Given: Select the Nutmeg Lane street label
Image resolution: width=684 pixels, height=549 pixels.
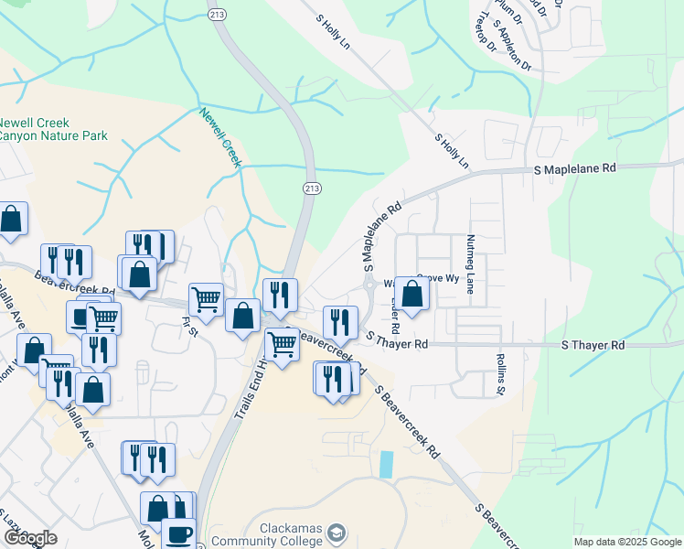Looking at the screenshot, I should click(x=471, y=262).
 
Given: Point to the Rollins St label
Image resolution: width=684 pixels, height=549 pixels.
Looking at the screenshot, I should click(x=501, y=375).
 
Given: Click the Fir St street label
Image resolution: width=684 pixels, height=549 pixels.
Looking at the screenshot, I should click(x=190, y=327).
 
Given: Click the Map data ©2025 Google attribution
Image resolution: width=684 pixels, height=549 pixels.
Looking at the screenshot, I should click(x=627, y=542).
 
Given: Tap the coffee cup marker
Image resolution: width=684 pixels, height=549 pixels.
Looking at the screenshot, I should click(x=178, y=533).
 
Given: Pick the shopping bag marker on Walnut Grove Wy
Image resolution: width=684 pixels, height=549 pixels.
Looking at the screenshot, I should click(x=412, y=294).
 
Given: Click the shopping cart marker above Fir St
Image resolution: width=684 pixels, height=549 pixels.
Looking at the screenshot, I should click(x=207, y=297).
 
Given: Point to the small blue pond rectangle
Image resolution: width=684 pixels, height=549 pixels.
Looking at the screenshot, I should click(x=386, y=464).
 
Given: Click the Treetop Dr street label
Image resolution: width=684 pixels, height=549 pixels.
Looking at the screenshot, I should click(x=485, y=32).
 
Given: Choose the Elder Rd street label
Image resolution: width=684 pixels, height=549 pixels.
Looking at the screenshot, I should click(x=395, y=313).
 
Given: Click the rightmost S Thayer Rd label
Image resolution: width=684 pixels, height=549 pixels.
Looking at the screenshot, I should click(x=593, y=345).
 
